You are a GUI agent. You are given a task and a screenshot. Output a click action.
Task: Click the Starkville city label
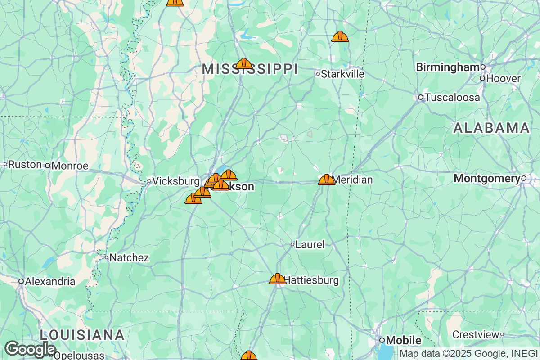[x=343, y=74]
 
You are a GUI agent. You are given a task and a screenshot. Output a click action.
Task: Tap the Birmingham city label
[x=448, y=67]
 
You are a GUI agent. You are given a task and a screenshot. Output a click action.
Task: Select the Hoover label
[x=503, y=79]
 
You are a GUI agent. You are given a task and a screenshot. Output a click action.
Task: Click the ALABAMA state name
[x=491, y=128]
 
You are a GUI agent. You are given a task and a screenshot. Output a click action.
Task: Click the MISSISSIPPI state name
[x=250, y=69]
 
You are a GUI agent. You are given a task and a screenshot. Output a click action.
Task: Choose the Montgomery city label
[x=487, y=179]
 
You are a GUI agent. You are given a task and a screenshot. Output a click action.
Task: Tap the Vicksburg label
[x=175, y=181]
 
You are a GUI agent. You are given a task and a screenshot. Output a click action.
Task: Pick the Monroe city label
[x=70, y=166]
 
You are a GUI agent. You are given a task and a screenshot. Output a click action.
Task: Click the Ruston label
[x=25, y=164]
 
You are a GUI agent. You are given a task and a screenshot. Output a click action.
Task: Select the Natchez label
[x=129, y=258]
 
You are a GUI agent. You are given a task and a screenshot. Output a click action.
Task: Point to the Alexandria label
[x=50, y=282]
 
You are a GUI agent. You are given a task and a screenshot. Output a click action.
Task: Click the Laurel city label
[x=310, y=245]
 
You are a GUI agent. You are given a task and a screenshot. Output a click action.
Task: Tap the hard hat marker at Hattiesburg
[x=278, y=279]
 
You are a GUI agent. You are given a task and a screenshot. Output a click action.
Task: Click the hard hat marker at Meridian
[x=327, y=180]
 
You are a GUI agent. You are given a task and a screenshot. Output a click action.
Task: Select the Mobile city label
[x=404, y=340]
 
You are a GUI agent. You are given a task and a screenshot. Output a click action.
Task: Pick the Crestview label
[x=476, y=335]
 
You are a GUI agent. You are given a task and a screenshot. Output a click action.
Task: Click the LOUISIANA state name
[x=82, y=335]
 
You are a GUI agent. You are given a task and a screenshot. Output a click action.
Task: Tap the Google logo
[x=30, y=349]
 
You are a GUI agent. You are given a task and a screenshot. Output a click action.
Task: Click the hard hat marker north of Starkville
[x=340, y=37]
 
